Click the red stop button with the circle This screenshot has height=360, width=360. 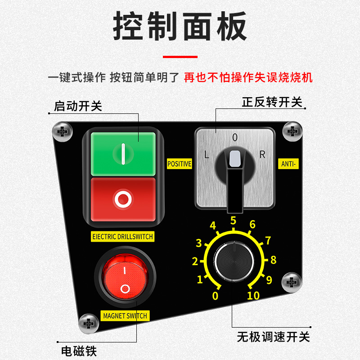coord(123,199)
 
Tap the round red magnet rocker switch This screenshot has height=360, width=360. coord(125,277)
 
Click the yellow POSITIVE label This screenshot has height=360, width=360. coord(179,164)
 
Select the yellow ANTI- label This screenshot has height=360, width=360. coord(288,164)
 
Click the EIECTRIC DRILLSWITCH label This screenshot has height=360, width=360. coord(122,237)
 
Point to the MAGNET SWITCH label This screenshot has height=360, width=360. coord(125,316)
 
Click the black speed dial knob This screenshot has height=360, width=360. coord(234,261)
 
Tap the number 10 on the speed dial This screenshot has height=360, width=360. coord(253,296)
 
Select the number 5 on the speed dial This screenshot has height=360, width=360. coord(233,220)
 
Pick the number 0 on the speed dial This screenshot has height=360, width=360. coord(215,296)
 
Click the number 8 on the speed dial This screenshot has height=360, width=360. coord(273,260)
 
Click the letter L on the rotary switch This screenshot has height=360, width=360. coord(207,154)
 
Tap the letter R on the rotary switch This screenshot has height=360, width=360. coord(262,154)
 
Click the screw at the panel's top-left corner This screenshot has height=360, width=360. coord(63,132)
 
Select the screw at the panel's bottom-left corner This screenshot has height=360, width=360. coord(89,324)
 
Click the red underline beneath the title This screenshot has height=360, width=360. coord(180,57)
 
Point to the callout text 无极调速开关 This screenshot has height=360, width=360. coord(273,337)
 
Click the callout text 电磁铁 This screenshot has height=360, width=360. coord(79,351)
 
